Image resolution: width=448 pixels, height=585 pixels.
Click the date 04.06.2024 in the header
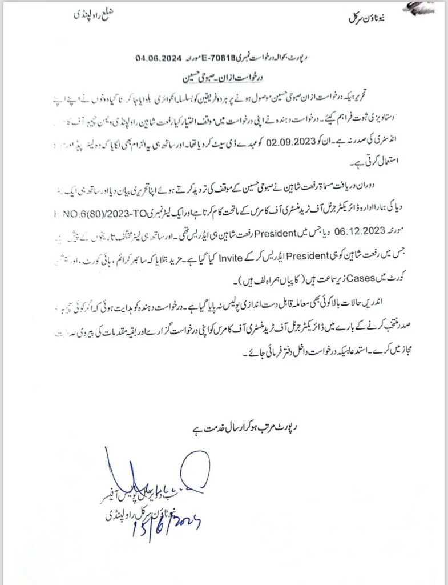[158, 58]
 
